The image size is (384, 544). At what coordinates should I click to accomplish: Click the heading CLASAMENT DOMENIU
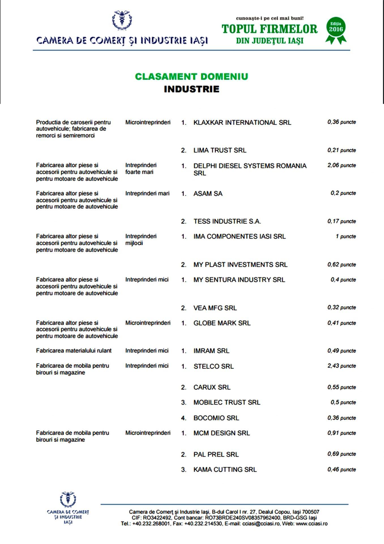pyautogui.click(x=192, y=76)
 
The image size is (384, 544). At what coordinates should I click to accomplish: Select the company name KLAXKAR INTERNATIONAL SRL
pyautogui.click(x=242, y=123)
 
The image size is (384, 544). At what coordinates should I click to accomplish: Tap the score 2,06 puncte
pyautogui.click(x=342, y=165)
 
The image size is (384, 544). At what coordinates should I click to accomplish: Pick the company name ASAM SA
pyautogui.click(x=208, y=194)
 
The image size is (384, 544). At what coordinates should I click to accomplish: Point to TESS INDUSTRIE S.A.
pyautogui.click(x=227, y=221)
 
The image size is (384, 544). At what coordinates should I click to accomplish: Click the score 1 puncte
pyautogui.click(x=346, y=236)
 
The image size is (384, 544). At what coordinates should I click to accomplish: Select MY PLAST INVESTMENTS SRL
pyautogui.click(x=240, y=265)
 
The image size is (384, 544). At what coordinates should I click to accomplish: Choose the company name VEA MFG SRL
pyautogui.click(x=215, y=308)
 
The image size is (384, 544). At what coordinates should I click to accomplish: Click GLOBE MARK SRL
pyautogui.click(x=222, y=323)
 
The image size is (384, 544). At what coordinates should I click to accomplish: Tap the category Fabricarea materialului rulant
pyautogui.click(x=74, y=351)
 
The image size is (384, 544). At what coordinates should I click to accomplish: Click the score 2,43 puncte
pyautogui.click(x=342, y=366)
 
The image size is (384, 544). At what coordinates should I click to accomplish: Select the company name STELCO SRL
pyautogui.click(x=213, y=366)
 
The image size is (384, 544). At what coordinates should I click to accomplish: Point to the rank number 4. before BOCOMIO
pyautogui.click(x=184, y=418)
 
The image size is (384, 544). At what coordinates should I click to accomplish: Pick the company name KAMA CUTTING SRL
pyautogui.click(x=225, y=469)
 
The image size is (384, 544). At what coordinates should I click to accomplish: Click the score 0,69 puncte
pyautogui.click(x=342, y=454)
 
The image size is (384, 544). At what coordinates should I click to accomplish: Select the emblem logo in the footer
pyautogui.click(x=68, y=499)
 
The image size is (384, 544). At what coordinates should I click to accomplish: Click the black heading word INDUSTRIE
pyautogui.click(x=192, y=89)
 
